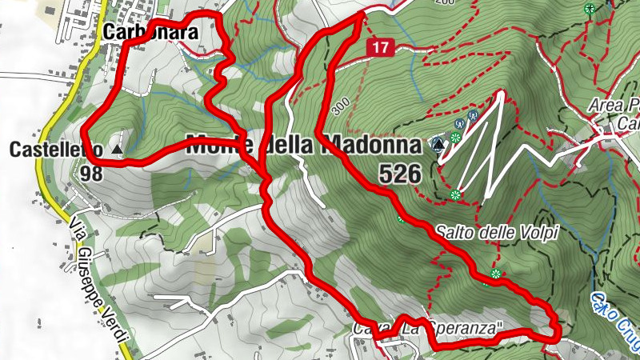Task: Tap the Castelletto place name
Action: [x=56, y=150]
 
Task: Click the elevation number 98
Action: [x=91, y=173]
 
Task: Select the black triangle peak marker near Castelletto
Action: [x=118, y=150]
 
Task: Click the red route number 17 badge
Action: [x=380, y=48]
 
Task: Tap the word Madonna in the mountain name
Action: [x=370, y=146]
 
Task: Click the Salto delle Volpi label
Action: [x=496, y=233]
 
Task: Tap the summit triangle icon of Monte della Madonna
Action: [x=438, y=145]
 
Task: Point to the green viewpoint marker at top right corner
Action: [x=590, y=9]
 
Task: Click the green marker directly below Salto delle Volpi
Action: [x=495, y=274]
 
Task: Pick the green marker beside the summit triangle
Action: [x=455, y=138]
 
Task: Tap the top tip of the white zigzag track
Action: [x=502, y=94]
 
